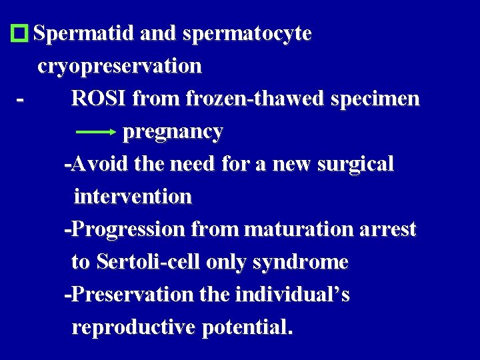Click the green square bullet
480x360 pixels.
click(21, 33)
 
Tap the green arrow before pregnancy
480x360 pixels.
click(97, 133)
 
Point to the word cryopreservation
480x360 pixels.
click(120, 66)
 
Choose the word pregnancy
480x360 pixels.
click(173, 132)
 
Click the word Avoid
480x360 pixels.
click(98, 164)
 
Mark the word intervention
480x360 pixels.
click(133, 197)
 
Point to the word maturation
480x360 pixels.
click(298, 229)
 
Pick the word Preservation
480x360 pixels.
click(129, 295)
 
